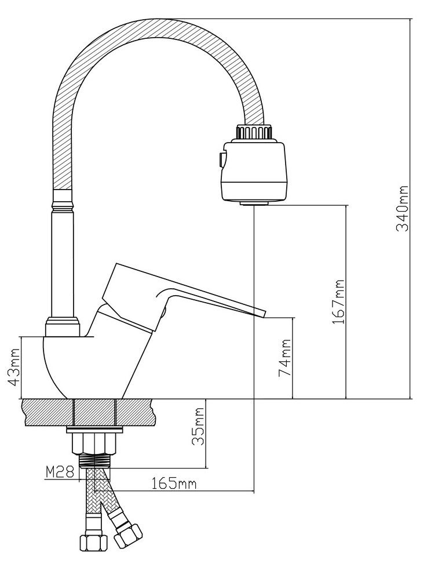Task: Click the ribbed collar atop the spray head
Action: pos(253,132)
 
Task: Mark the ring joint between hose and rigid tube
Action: pos(64,200)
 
